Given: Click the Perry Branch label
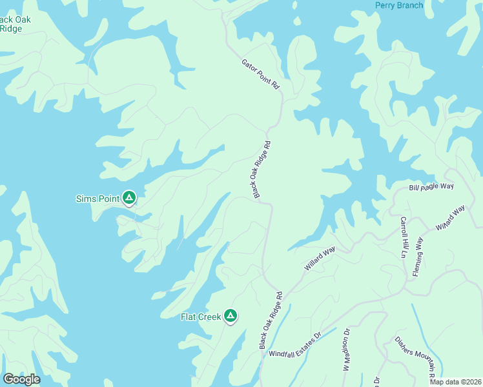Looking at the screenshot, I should point(399,6).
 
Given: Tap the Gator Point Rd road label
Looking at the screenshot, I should point(260,75).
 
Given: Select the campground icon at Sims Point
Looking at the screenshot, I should point(129,198).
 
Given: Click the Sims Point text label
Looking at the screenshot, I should point(98,199).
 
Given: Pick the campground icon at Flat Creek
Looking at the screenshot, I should point(231,316).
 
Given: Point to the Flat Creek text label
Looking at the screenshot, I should point(200,317).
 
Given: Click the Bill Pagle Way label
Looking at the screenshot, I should point(431,186).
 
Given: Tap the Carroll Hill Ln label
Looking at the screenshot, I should point(402,237).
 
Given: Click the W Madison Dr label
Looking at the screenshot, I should point(346,350).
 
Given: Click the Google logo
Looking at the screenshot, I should point(21,379).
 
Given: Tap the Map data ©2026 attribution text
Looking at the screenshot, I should point(455,381).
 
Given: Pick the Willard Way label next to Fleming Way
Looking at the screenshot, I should point(450,219).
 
